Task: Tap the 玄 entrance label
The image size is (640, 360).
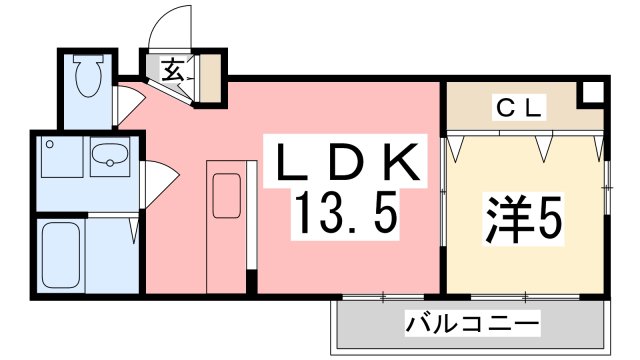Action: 173,71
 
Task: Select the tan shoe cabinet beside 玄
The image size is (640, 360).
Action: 210,79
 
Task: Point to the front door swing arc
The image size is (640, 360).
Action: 170,28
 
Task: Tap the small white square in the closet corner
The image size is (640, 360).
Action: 591,93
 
